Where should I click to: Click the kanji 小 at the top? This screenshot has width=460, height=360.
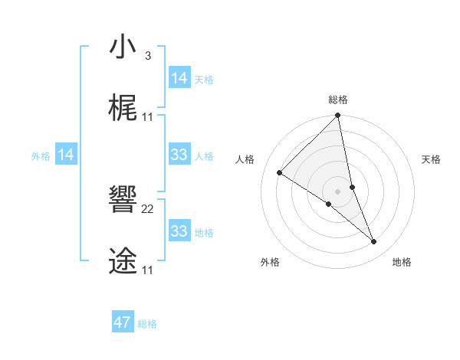123,48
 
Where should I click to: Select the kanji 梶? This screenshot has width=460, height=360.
123,109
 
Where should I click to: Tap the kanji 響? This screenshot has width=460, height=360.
123,200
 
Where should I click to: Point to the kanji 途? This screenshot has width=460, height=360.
123,261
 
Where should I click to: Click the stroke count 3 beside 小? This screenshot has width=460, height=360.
147,56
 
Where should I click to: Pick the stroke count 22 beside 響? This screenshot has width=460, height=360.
148,208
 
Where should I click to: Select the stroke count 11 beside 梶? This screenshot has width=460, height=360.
148,116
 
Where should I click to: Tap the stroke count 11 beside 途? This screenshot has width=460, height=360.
148,270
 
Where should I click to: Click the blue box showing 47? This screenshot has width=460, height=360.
123,322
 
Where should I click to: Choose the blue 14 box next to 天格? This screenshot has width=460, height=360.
179,78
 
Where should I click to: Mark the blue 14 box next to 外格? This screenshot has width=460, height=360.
66,155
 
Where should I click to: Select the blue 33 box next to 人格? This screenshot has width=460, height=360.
179,155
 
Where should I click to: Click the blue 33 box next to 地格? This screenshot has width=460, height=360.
179,231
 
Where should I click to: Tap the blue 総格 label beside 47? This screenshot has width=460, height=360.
147,324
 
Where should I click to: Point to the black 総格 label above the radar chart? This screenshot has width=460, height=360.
338,100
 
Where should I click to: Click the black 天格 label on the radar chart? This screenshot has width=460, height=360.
432,159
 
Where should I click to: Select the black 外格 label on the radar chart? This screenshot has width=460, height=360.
270,262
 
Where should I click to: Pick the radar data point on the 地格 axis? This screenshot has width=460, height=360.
374,242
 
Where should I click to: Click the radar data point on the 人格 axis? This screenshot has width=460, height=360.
279,173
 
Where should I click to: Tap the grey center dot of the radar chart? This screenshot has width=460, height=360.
337,191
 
